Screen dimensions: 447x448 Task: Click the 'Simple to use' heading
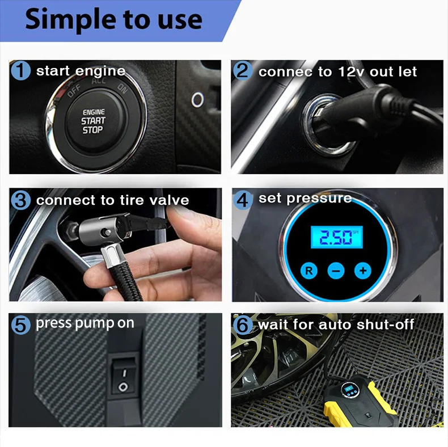113,20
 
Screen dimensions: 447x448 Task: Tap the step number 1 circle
21,71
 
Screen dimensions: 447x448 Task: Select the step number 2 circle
243,71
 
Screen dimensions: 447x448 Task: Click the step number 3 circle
21,200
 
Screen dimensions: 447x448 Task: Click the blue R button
310,271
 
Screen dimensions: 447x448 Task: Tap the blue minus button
336,271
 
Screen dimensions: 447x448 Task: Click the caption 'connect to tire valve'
112,201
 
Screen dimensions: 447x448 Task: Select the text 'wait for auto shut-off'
336,325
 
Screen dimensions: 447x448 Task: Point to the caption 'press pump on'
85,324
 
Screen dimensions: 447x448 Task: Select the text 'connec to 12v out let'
337,72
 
